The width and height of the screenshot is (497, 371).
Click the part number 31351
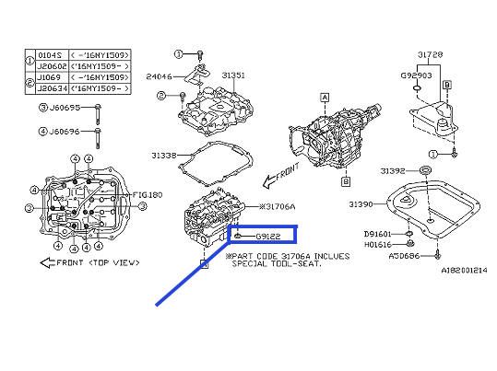(x=232, y=75)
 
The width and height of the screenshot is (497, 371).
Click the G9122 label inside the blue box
(x=257, y=237)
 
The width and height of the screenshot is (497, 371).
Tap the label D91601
(x=378, y=234)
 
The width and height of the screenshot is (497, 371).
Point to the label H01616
(x=378, y=244)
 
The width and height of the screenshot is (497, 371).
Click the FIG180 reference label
(x=146, y=195)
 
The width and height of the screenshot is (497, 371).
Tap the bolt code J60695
(x=65, y=108)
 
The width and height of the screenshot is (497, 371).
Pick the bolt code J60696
(x=65, y=132)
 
